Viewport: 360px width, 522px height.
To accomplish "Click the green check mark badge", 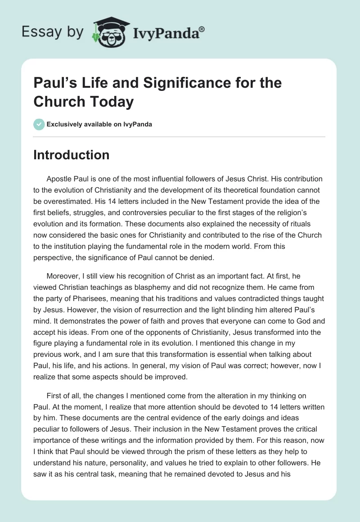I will (39, 124).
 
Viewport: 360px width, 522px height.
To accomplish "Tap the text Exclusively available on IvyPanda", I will (99, 124).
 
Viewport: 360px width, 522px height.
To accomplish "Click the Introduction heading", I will (71, 155).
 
